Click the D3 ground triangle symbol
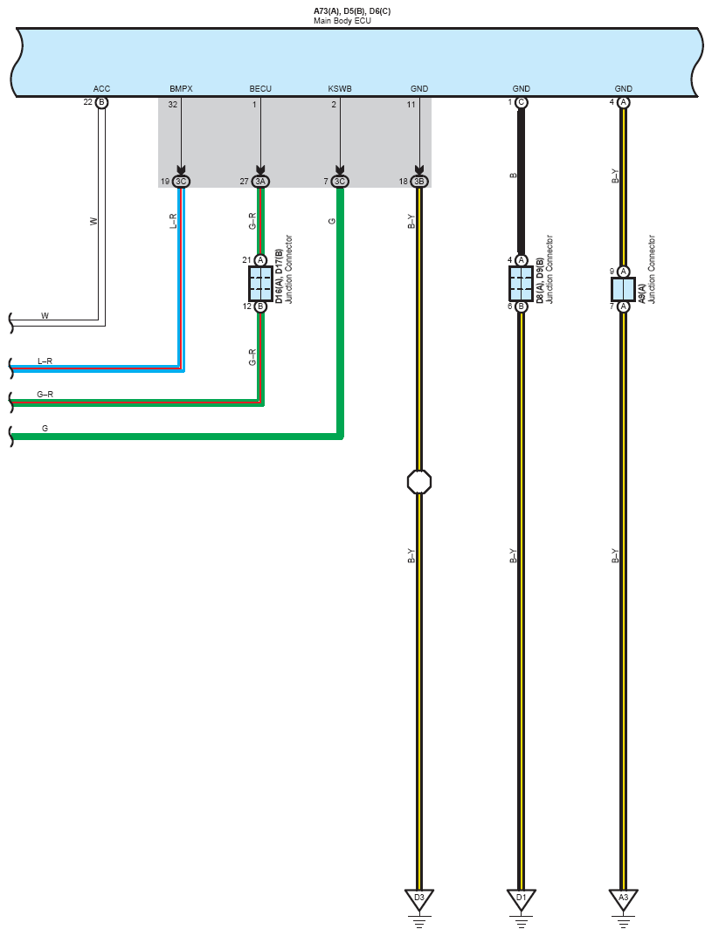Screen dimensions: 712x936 (419, 898)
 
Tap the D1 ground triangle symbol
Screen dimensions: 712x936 (522, 898)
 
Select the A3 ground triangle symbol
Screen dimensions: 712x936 (624, 898)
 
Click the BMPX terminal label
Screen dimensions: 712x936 (181, 89)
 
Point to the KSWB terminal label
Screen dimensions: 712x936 (340, 89)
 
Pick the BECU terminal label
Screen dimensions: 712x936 (260, 89)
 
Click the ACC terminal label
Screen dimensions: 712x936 (101, 89)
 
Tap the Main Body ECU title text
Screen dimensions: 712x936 (342, 21)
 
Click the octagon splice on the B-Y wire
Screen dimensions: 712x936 (419, 482)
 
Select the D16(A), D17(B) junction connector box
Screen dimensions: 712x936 (260, 284)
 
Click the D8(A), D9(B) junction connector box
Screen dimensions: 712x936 (522, 284)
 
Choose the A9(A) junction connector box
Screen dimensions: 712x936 (624, 289)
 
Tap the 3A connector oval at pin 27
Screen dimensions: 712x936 (260, 182)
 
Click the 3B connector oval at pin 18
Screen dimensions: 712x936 (419, 182)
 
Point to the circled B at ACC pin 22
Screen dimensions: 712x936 (101, 103)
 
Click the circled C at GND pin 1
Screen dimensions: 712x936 (522, 103)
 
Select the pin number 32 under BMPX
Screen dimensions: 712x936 (173, 105)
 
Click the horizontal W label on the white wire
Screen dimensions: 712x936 (45, 316)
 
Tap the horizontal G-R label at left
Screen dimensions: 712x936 (45, 395)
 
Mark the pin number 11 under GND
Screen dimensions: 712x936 (411, 105)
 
